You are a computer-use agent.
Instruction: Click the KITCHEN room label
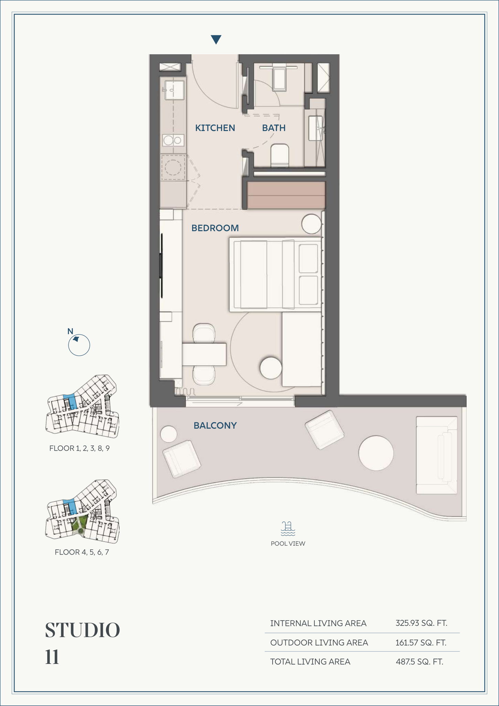click(215, 128)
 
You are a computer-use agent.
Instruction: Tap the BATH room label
click(274, 128)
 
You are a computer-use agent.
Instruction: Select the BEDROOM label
click(215, 228)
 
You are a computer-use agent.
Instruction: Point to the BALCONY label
click(215, 425)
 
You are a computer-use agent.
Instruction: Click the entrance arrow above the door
click(216, 40)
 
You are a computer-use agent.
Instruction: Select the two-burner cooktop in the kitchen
click(173, 140)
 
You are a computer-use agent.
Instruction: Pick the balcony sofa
click(437, 455)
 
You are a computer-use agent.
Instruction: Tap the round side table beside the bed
click(311, 224)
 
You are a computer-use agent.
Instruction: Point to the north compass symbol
click(79, 345)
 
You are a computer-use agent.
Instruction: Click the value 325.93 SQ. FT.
click(422, 623)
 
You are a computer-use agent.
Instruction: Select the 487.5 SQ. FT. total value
click(420, 662)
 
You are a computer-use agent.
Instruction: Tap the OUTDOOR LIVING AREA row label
click(319, 643)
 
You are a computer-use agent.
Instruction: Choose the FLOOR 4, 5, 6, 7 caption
click(82, 552)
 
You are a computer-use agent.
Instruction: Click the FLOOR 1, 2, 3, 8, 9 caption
click(79, 448)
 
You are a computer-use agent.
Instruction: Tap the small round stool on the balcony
click(169, 434)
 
